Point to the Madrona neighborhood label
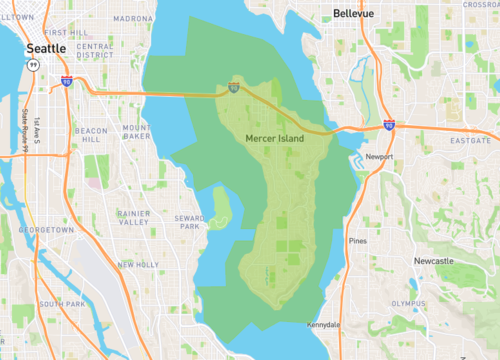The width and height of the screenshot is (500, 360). [x=133, y=18]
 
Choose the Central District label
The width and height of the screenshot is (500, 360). [x=94, y=50]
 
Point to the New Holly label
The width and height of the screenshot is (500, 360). [x=137, y=265]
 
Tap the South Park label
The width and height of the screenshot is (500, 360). [x=61, y=303]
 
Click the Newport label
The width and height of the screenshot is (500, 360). [x=380, y=158]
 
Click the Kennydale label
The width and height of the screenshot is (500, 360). [x=324, y=325]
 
